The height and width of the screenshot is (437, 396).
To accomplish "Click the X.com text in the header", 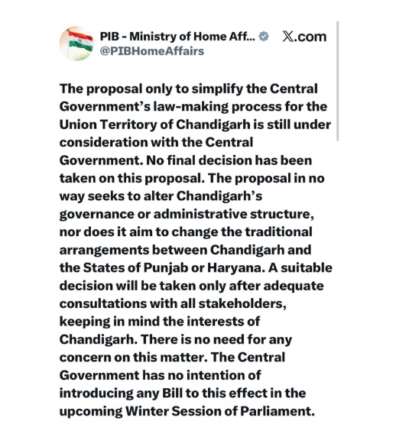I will tap(303, 36).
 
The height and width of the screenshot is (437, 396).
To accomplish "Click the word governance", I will tap(96, 215).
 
